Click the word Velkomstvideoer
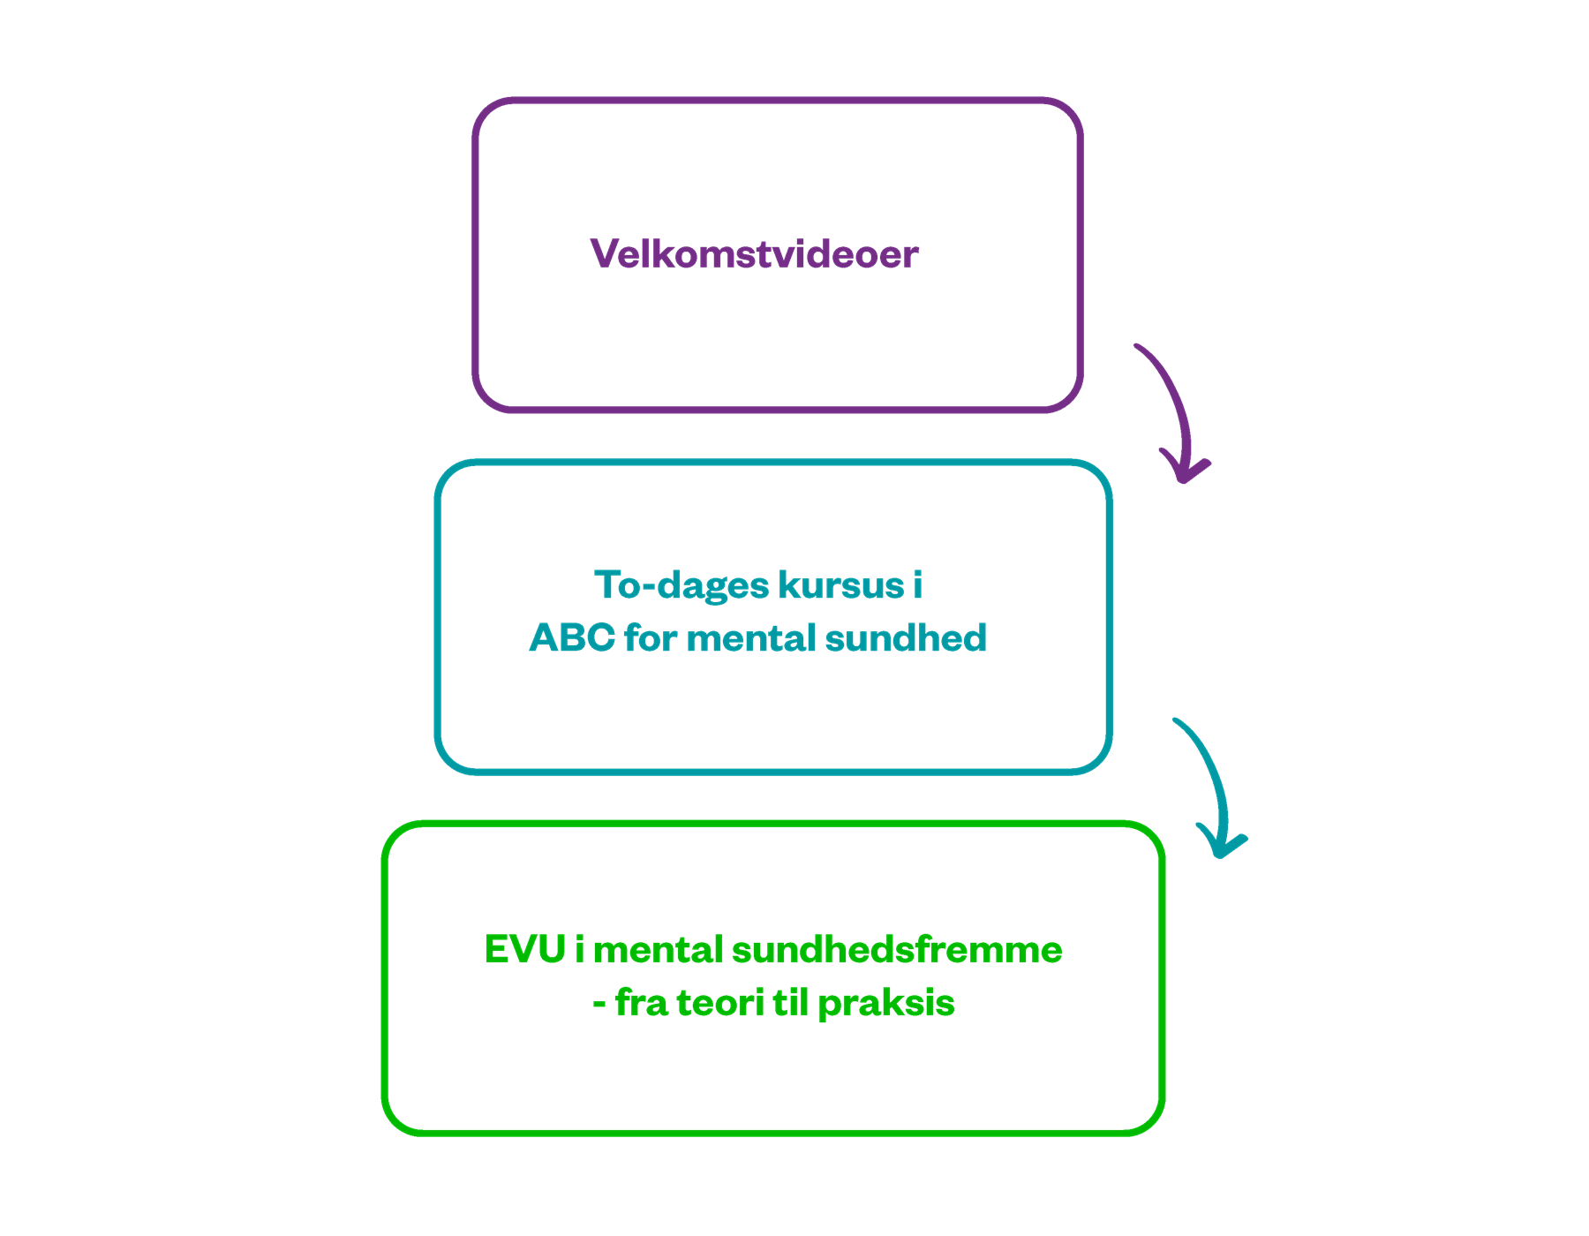point(754,254)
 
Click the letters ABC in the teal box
point(571,638)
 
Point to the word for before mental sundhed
point(650,638)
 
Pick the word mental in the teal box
point(750,638)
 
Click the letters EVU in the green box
point(524,950)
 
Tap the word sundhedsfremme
point(897,950)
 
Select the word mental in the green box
point(659,950)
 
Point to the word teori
point(719,1003)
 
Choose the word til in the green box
point(790,1003)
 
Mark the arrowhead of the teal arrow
point(1221,845)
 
